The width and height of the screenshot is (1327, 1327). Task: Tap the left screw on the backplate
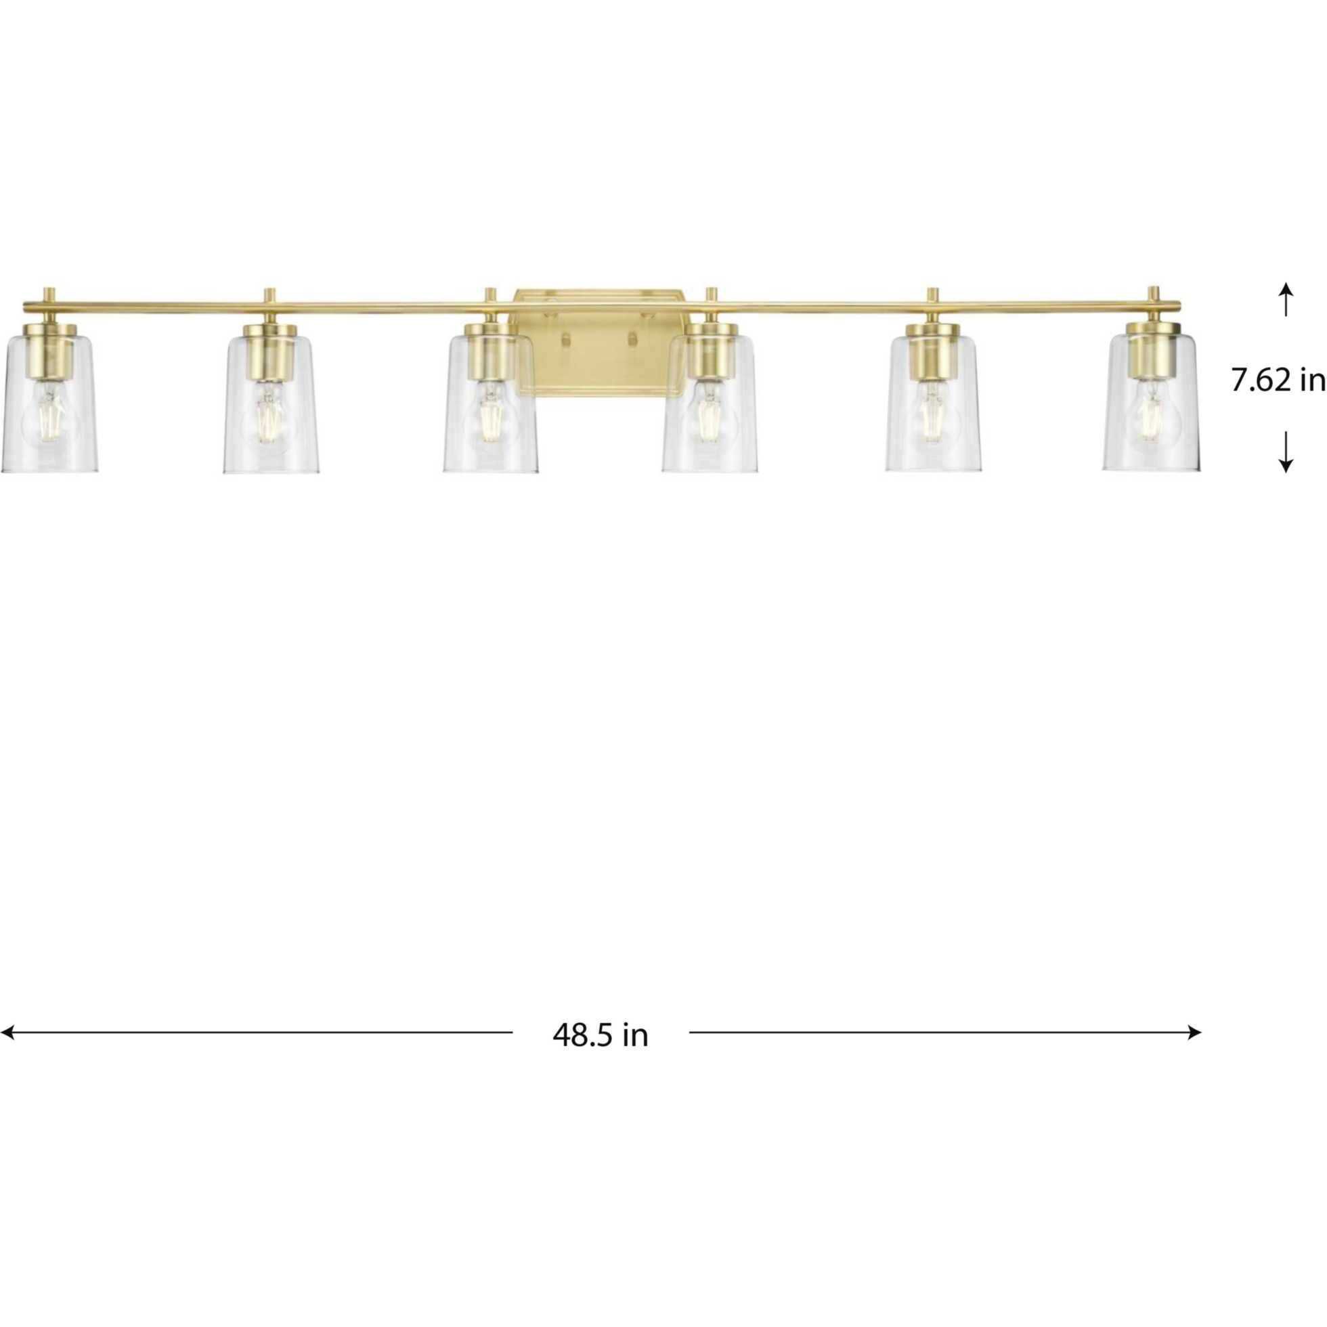pyautogui.click(x=566, y=339)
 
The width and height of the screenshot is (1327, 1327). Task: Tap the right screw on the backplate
pyautogui.click(x=632, y=339)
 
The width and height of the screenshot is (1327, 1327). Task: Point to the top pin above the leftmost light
pyautogui.click(x=49, y=294)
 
